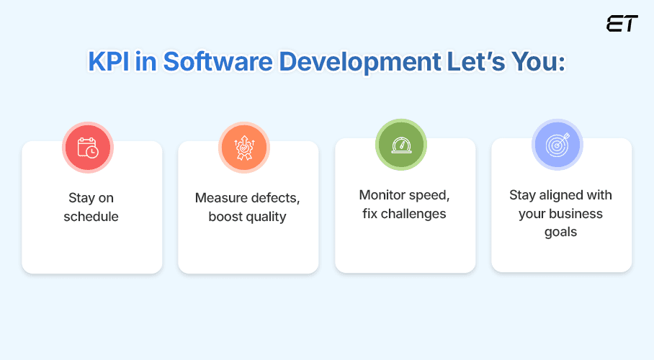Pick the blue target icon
point(557,145)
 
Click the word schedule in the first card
point(91,217)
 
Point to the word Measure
point(218,197)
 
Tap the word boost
point(224,216)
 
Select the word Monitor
point(381,195)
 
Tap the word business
point(575,214)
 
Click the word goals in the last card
point(560,233)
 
